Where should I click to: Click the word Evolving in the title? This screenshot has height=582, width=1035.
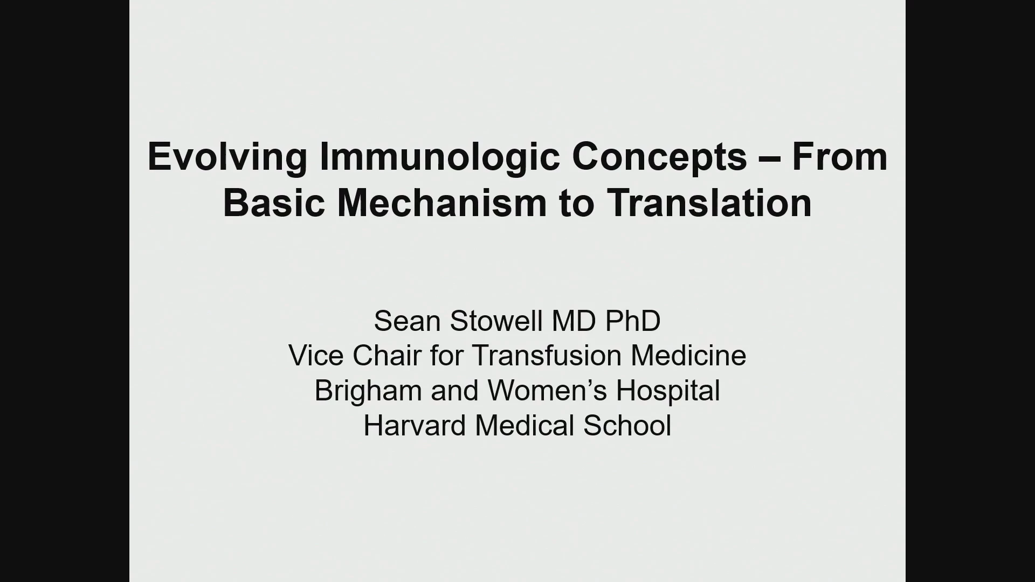pos(227,158)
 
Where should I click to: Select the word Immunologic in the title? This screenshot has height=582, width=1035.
pos(439,158)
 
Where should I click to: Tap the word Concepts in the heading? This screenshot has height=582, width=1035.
pos(660,158)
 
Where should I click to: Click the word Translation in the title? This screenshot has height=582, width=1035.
pos(709,203)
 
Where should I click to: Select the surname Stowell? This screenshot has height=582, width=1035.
pos(496,321)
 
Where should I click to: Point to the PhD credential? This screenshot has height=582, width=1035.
pos(633,321)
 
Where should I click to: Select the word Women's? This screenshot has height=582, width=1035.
pos(547,391)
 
